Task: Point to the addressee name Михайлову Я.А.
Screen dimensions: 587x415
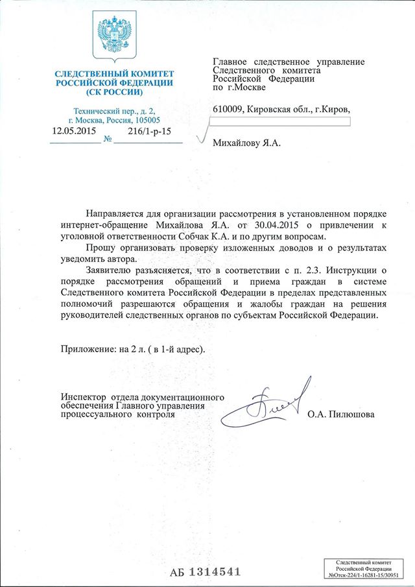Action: pyautogui.click(x=248, y=142)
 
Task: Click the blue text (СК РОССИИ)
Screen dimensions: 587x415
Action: pyautogui.click(x=113, y=92)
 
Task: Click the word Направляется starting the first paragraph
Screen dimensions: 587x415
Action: pyautogui.click(x=116, y=213)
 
